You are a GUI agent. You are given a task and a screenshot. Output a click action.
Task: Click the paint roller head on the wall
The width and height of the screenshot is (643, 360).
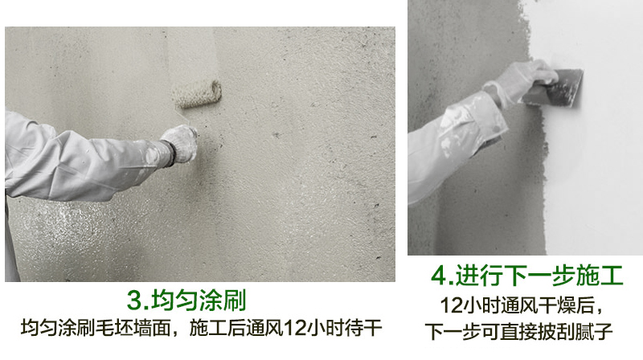click(x=196, y=94)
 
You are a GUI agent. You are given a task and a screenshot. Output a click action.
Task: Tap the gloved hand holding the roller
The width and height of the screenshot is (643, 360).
click(x=180, y=144)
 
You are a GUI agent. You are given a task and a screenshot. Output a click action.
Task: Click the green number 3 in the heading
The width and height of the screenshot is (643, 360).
click(x=135, y=301)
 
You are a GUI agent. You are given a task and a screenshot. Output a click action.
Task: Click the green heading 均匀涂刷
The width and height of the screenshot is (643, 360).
click(x=199, y=301)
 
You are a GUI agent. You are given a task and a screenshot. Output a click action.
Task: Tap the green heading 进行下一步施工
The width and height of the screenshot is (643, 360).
click(x=539, y=275)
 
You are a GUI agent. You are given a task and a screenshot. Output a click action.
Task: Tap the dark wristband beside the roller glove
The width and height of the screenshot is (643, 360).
click(x=168, y=153)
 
